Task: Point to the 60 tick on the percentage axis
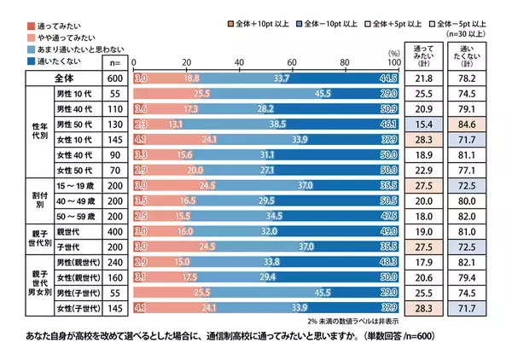pos(291,63)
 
